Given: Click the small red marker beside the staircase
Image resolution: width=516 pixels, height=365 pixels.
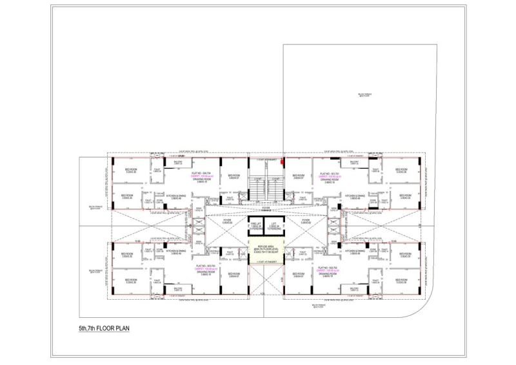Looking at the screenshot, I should pos(282,162).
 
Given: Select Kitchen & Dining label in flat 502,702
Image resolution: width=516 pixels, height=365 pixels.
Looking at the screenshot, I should pos(355,252).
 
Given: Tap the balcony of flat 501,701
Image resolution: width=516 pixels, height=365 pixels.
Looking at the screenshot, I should pos(354,162).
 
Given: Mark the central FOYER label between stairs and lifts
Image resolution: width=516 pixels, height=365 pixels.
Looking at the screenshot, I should pos(265,209).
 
